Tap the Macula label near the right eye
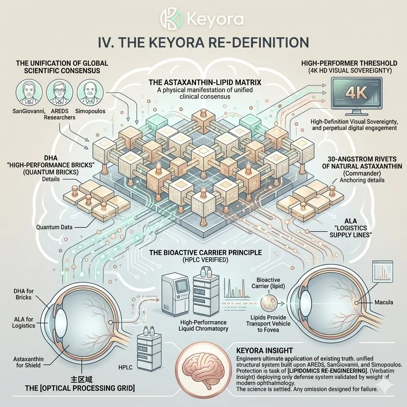click(384, 302)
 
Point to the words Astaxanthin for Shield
click(29, 362)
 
